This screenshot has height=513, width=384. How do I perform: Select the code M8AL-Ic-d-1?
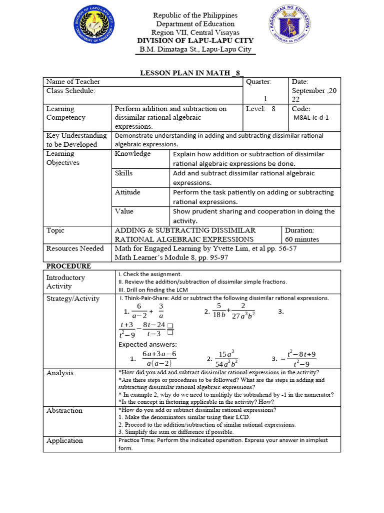pyautogui.click(x=311, y=118)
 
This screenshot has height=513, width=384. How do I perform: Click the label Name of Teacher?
pyautogui.click(x=73, y=82)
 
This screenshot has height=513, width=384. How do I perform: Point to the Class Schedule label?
pyautogui.click(x=70, y=91)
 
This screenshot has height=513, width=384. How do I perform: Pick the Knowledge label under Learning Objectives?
pyautogui.click(x=132, y=154)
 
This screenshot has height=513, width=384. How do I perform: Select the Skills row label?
pyautogui.click(x=124, y=173)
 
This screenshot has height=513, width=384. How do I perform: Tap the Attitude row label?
pyautogui.click(x=127, y=192)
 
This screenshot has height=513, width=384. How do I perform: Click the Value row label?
pyautogui.click(x=124, y=211)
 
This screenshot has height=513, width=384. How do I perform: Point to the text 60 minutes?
pyautogui.click(x=302, y=239)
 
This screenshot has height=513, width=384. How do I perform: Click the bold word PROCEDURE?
pyautogui.click(x=68, y=266)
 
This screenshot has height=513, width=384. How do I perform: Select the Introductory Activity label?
pyautogui.click(x=65, y=282)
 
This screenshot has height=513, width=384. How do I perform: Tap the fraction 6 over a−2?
pyautogui.click(x=139, y=311)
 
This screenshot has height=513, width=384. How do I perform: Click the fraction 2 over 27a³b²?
pyautogui.click(x=243, y=311)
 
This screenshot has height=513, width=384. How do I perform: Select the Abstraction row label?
pyautogui.click(x=64, y=410)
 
